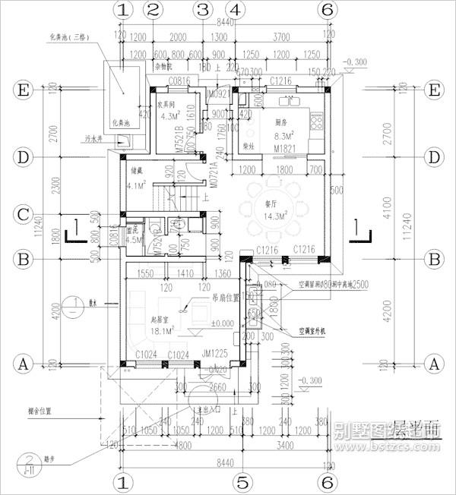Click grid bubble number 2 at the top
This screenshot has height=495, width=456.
[154, 10]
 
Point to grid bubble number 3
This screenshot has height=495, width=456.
[201, 10]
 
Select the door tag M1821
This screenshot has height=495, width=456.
[284, 147]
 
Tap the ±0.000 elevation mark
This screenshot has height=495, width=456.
[223, 324]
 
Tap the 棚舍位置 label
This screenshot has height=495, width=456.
[37, 411]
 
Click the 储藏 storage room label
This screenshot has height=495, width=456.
[138, 171]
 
